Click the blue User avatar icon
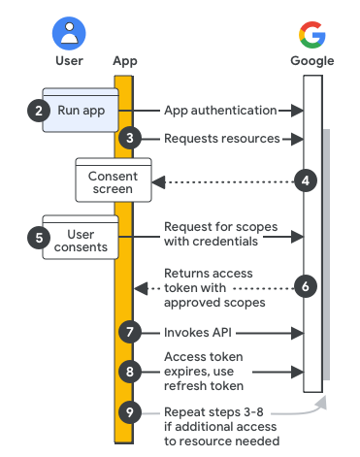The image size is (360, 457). [x=69, y=33]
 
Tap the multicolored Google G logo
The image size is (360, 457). [x=312, y=35]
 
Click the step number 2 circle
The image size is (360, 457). [x=39, y=111]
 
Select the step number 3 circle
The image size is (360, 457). [x=130, y=138]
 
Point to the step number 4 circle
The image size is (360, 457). [x=306, y=180]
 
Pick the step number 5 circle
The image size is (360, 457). [x=39, y=238]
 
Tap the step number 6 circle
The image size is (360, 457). [x=306, y=286]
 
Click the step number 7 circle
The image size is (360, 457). [x=130, y=332]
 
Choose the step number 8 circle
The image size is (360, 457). [x=130, y=372]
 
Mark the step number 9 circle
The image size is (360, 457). [x=130, y=412]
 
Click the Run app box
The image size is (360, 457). [x=81, y=110]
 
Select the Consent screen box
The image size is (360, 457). [x=114, y=180]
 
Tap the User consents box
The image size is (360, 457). [x=81, y=237]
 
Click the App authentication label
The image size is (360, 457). [x=220, y=111]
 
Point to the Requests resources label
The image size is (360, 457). [x=222, y=139]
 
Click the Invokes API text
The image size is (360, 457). [x=198, y=333]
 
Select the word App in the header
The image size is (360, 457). [x=125, y=61]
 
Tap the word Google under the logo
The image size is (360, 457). [x=312, y=61]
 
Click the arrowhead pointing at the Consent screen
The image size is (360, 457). [x=159, y=182]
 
